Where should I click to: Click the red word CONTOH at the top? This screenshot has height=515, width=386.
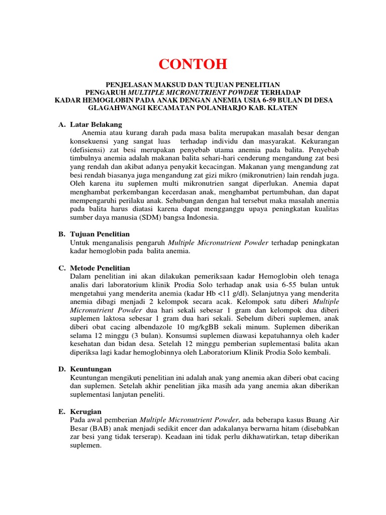193,64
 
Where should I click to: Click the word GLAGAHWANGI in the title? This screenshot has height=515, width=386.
118,108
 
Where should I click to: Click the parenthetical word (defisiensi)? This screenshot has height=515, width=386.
89,150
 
